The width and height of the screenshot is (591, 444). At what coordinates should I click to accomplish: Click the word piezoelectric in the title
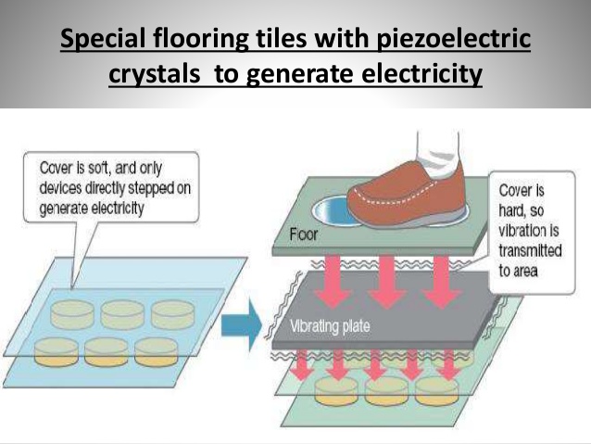(x=449, y=42)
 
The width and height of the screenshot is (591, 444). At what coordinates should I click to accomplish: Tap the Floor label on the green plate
(x=304, y=234)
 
